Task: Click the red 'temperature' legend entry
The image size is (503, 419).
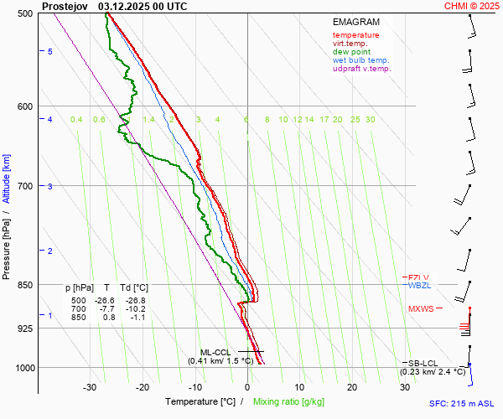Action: coord(355,35)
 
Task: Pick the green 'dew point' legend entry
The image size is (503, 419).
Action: coord(352,52)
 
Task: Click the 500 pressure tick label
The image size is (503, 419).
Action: coord(25,14)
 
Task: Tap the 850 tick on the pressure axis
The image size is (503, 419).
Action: coord(25,285)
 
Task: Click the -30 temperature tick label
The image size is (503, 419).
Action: coord(90,387)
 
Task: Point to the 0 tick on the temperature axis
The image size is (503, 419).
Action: coord(247,387)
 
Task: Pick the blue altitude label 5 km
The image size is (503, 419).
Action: coord(50,52)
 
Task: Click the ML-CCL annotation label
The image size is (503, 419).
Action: coord(215,352)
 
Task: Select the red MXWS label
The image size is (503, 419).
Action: coord(421,309)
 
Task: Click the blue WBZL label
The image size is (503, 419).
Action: coord(418,286)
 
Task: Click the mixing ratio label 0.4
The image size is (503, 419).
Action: coord(76,120)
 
